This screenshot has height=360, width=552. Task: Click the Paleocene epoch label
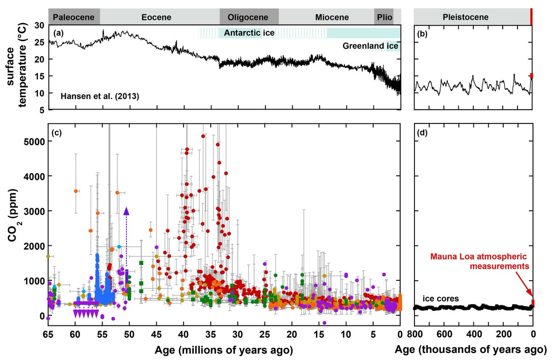pyautogui.click(x=74, y=18)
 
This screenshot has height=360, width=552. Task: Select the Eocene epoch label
pyautogui.click(x=156, y=18)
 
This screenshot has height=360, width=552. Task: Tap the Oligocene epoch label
pyautogui.click(x=248, y=18)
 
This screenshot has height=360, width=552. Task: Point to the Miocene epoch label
pyautogui.click(x=332, y=18)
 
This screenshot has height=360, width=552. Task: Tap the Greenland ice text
pyautogui.click(x=370, y=46)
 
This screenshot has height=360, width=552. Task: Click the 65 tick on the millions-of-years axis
pyautogui.click(x=48, y=333)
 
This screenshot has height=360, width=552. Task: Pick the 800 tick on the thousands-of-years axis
pyautogui.click(x=414, y=333)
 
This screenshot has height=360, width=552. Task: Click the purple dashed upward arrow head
pyautogui.click(x=126, y=211)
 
